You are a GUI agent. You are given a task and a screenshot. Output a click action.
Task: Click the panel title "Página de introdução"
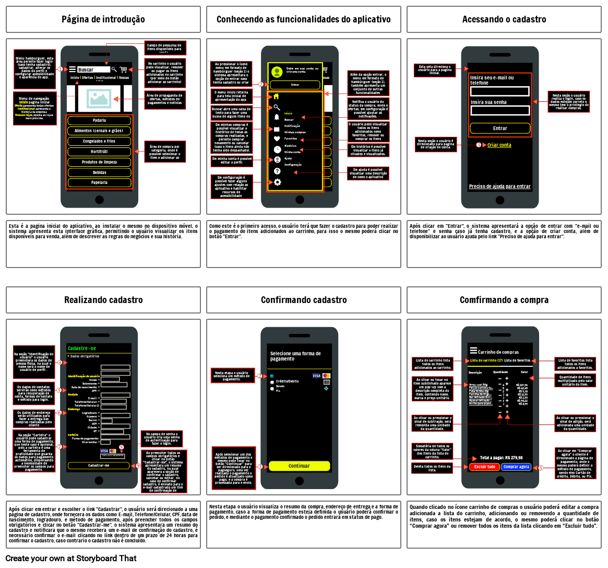pyautogui.click(x=103, y=19)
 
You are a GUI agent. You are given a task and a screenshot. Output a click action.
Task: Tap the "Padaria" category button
pyautogui.click(x=99, y=120)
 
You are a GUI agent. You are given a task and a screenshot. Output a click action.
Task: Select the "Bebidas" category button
pyautogui.click(x=99, y=172)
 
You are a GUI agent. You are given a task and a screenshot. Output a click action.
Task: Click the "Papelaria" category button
pyautogui.click(x=99, y=183)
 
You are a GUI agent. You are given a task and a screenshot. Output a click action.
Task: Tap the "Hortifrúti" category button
pyautogui.click(x=99, y=152)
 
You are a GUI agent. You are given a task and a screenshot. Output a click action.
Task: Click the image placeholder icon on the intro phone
pyautogui.click(x=99, y=98)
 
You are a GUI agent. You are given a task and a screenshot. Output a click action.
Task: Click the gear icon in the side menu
pyautogui.click(x=277, y=182)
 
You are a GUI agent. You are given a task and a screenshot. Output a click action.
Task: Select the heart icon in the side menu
pyautogui.click(x=277, y=139)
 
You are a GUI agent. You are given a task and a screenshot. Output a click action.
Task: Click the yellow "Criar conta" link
pyautogui.click(x=499, y=145)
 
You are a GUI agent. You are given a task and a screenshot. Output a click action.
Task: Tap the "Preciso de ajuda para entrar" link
pyautogui.click(x=499, y=187)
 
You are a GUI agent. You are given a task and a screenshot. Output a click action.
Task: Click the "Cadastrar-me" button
pyautogui.click(x=99, y=465)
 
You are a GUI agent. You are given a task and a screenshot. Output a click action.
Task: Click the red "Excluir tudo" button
pyautogui.click(x=484, y=467)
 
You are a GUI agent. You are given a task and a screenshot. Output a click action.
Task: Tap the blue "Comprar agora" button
pyautogui.click(x=516, y=467)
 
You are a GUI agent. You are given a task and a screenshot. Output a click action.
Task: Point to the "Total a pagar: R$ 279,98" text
pyautogui.click(x=501, y=457)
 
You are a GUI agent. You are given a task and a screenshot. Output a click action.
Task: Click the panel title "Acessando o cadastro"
pyautogui.click(x=504, y=19)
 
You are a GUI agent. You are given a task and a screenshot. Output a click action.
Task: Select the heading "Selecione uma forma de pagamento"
pyautogui.click(x=295, y=356)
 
